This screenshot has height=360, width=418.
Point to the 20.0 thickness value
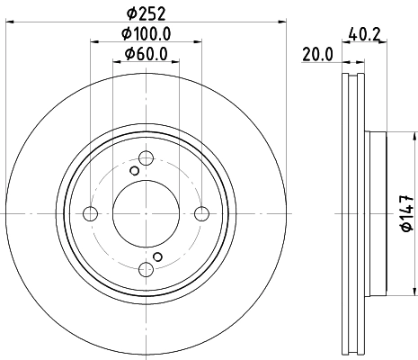pyautogui.click(x=317, y=54)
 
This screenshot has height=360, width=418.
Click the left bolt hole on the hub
pyautogui.click(x=90, y=213)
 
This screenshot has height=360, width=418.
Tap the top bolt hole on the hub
pyautogui.click(x=146, y=158)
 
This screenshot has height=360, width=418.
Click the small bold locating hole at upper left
pyautogui.click(x=135, y=171)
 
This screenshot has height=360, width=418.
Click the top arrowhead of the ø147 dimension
pyautogui.click(x=413, y=136)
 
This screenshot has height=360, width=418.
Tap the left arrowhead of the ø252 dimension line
pyautogui.click(x=10, y=23)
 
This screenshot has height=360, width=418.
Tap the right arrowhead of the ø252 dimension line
pyautogui.click(x=281, y=23)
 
